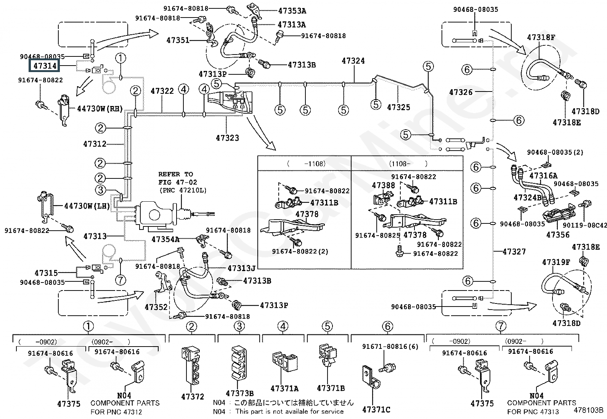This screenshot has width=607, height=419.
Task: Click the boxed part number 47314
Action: pyautogui.click(x=45, y=66)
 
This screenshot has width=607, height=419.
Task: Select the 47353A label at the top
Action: pyautogui.click(x=292, y=11)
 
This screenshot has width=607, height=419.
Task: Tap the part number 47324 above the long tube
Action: pyautogui.click(x=353, y=61)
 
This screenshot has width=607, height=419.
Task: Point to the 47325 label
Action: pyautogui.click(x=398, y=108)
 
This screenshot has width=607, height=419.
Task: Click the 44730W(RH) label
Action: pyautogui.click(x=100, y=109)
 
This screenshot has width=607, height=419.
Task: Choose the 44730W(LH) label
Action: pyautogui.click(x=87, y=206)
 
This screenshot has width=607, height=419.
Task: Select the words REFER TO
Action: pyautogui.click(x=176, y=174)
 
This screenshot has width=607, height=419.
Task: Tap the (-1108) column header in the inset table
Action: pyautogui.click(x=306, y=164)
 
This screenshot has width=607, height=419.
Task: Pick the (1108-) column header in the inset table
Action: pyautogui.click(x=408, y=164)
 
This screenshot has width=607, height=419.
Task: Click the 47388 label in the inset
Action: pyautogui.click(x=383, y=185)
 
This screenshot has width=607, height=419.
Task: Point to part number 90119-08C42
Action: pyautogui.click(x=585, y=225)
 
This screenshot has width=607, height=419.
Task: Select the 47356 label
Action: pyautogui.click(x=558, y=235)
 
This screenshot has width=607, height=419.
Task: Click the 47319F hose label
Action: pyautogui.click(x=556, y=262)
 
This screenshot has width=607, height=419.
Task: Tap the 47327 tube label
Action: pyautogui.click(x=514, y=252)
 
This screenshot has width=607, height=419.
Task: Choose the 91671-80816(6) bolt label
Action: pyautogui.click(x=390, y=346)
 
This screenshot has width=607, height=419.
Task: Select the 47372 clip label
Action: pyautogui.click(x=193, y=397)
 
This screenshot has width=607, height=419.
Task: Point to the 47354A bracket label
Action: pyautogui.click(x=165, y=239)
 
